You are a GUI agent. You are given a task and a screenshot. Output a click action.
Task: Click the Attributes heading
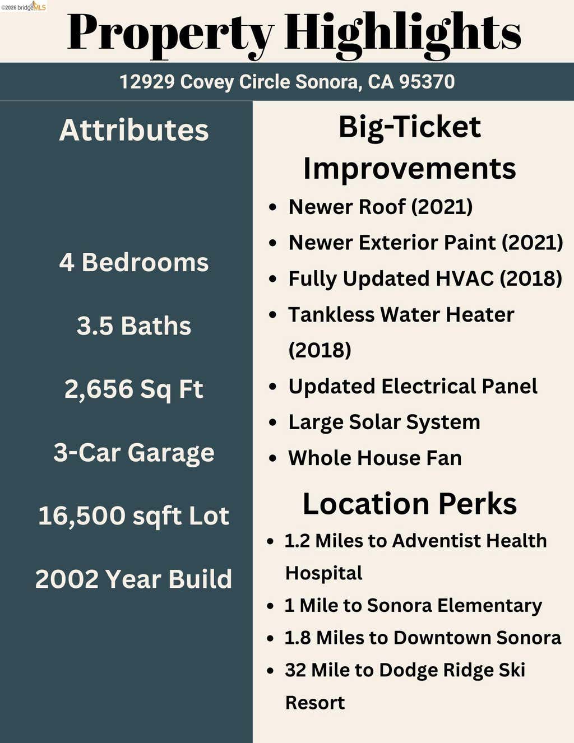[x=134, y=130]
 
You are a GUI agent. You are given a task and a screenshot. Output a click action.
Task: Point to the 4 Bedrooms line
[x=134, y=263]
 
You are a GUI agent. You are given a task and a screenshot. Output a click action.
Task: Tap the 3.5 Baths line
[x=134, y=326]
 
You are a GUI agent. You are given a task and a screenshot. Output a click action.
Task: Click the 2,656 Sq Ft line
[x=134, y=389]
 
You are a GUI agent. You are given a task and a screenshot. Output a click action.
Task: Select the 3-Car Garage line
[x=134, y=452]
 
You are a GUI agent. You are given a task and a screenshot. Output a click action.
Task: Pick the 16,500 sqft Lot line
[x=134, y=516]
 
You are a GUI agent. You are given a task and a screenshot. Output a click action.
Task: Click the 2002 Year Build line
[x=134, y=579]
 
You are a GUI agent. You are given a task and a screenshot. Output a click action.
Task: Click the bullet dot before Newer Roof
[x=272, y=207]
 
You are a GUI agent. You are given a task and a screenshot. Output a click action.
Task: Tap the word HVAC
[x=464, y=278]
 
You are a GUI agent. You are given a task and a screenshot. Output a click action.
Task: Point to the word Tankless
[x=331, y=314]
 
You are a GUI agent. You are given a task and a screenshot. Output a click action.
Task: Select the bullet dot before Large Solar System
[x=272, y=422]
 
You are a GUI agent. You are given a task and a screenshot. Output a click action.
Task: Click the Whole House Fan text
[x=375, y=458]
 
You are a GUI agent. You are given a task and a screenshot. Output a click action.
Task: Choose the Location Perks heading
[x=410, y=503]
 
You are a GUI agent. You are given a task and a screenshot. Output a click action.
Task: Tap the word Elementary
[x=489, y=606]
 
